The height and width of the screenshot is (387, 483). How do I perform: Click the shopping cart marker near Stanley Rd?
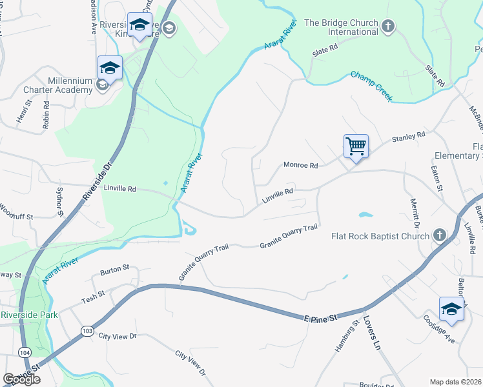(356, 146)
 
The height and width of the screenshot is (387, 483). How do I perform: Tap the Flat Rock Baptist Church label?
(380, 235)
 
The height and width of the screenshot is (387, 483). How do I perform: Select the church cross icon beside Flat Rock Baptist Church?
(439, 235)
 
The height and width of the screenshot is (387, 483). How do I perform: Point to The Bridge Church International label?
(341, 27)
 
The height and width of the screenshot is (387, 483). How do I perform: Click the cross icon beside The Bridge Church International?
(387, 26)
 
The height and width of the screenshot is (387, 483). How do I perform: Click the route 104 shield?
(25, 352)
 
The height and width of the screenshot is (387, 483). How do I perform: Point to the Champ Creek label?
(371, 85)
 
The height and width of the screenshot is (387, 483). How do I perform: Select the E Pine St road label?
(321, 318)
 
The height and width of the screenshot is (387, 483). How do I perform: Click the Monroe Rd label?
(301, 166)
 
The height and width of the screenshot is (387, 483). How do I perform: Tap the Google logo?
(21, 379)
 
